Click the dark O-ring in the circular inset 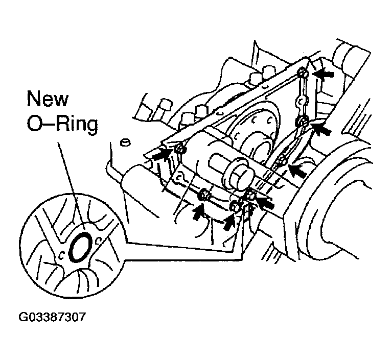[x=80, y=247]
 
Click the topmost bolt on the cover [x=302, y=74]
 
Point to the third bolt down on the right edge [x=282, y=163]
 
